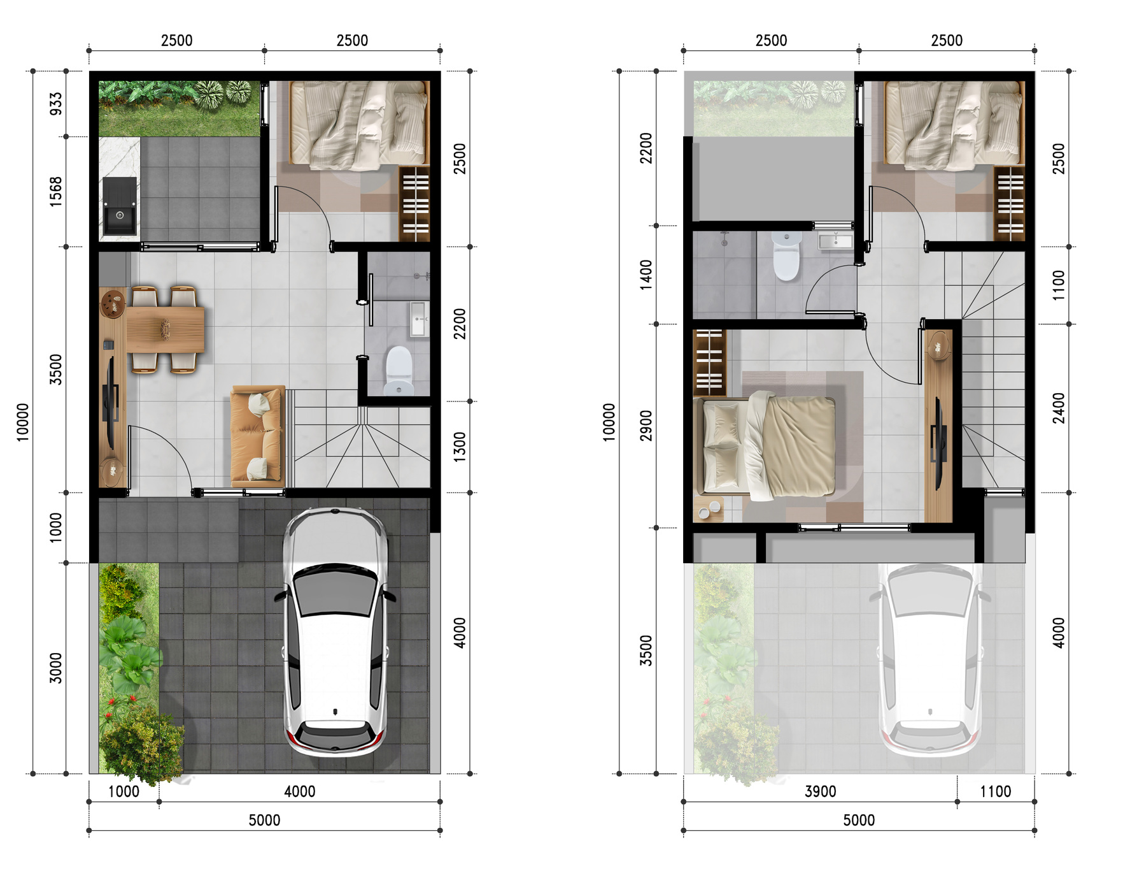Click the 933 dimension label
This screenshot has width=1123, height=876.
pos(56,104)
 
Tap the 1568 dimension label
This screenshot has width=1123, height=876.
pos(56,191)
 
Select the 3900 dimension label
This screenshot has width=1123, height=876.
pos(820,791)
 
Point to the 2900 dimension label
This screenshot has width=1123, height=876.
pos(646,425)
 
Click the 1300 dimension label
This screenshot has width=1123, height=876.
pos(460,447)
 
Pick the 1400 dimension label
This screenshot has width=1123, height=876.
pos(646,275)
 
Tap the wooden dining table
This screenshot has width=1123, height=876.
pos(166,329)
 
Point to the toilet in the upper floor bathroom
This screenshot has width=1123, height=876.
pos(786,256)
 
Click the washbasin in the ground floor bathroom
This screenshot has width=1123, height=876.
pos(418,319)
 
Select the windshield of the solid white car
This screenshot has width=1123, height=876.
pos(335,592)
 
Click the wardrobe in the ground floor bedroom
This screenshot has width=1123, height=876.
pos(414,204)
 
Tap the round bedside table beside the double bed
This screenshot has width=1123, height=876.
pos(709,510)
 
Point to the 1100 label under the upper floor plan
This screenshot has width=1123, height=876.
pos(995,791)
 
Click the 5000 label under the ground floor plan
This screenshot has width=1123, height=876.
pos(264,820)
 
